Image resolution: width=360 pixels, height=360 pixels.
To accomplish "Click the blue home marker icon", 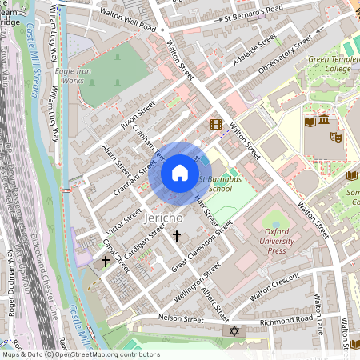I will coord(180,173).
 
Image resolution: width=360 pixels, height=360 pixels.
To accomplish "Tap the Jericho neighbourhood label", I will coord(166,217).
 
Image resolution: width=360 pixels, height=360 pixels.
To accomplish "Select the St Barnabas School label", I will coord(216,185).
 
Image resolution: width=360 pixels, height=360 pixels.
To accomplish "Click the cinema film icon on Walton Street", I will coord(215,124).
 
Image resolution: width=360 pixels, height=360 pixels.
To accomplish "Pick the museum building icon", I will coord(323,122).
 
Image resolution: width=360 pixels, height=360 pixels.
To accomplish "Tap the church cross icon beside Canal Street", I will coord(105,261).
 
